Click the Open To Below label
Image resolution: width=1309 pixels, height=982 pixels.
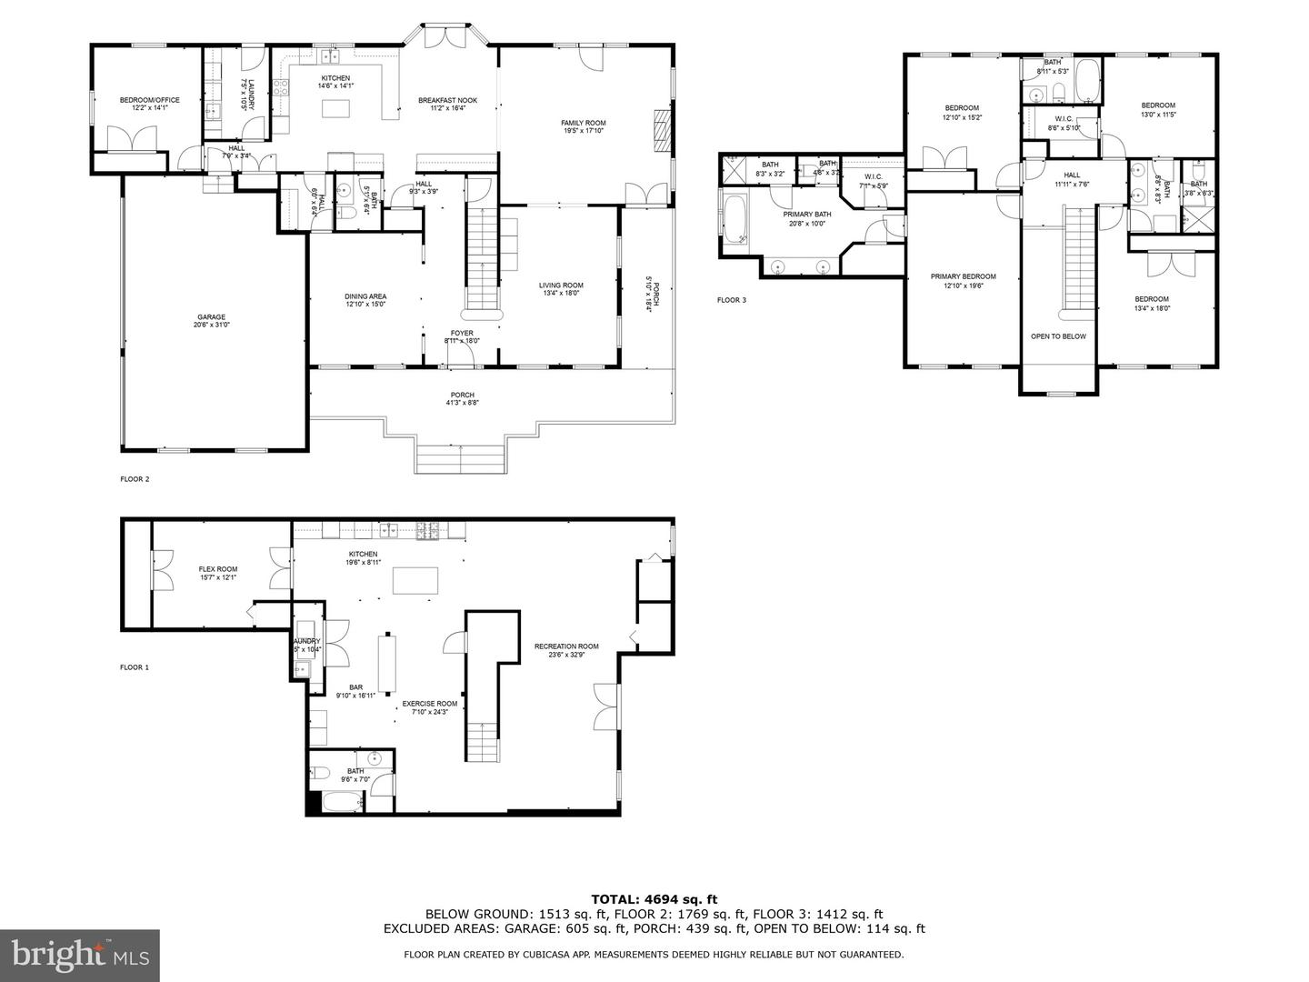click(1058, 336)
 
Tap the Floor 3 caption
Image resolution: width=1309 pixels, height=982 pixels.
click(731, 300)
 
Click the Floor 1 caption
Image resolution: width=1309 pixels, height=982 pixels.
click(135, 667)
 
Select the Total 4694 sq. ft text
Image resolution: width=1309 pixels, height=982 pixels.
click(654, 899)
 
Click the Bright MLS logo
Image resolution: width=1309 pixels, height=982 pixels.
click(80, 954)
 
